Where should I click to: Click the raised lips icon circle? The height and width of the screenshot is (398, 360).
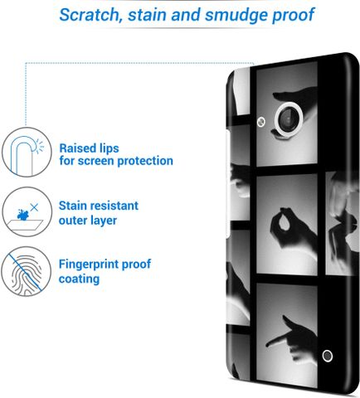27,152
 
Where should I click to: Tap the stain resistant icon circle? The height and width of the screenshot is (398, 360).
27,211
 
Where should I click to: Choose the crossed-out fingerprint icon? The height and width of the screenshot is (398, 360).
27,271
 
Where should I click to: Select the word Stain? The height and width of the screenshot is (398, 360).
73,206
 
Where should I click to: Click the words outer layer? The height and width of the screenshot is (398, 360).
88,221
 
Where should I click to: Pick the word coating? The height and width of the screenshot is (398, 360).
79,279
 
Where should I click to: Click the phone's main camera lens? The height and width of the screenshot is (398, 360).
289,119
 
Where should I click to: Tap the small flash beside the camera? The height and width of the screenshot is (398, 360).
260,122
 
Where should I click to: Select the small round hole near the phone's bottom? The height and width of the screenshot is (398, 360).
328,356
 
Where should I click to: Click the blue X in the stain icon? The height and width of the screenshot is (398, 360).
34,207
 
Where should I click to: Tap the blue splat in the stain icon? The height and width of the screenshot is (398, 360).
22,215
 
